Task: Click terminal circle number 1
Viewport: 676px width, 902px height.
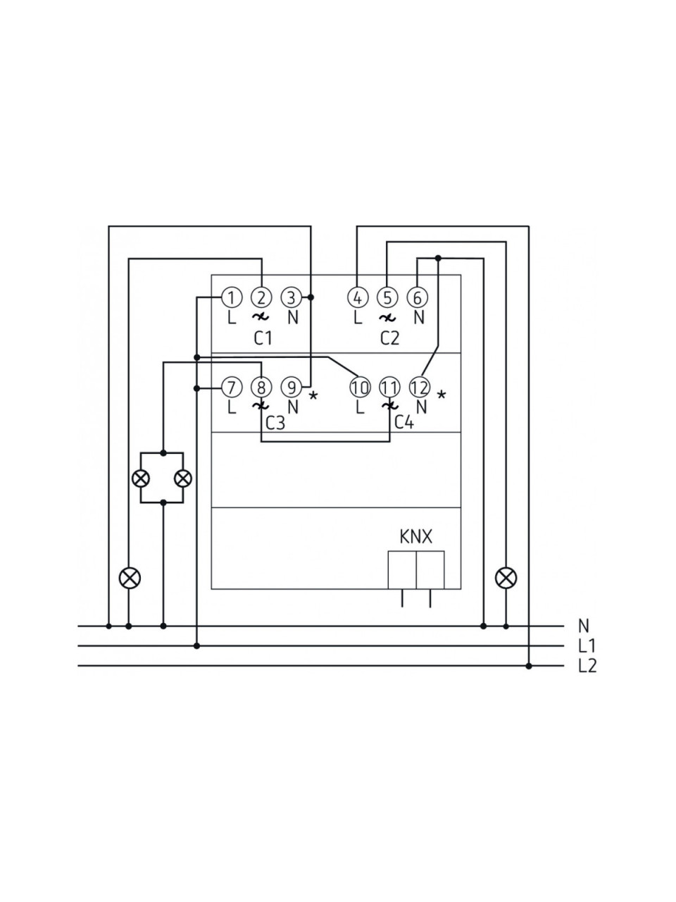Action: (x=232, y=297)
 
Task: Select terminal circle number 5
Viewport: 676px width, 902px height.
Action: (x=387, y=297)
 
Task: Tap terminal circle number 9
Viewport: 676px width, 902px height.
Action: (x=292, y=387)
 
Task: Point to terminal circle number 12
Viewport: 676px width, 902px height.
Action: (x=420, y=387)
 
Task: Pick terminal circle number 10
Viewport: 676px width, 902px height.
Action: (x=360, y=387)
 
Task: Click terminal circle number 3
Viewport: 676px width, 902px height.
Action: (x=292, y=297)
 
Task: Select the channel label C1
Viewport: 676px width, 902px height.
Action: (x=263, y=339)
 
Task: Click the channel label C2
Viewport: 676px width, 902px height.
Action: (x=389, y=339)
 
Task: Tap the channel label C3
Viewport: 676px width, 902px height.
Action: (x=275, y=423)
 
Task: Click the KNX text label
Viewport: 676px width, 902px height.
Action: (x=415, y=537)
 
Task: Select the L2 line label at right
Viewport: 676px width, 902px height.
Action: (x=587, y=666)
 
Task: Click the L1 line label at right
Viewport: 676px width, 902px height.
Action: (x=587, y=646)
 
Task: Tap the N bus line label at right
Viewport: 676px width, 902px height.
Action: (x=584, y=626)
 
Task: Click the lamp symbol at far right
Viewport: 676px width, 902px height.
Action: (x=506, y=578)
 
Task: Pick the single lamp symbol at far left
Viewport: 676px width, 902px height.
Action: (x=130, y=578)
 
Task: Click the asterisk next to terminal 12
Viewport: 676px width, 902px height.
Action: (x=442, y=395)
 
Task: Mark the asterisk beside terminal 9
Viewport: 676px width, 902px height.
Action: (x=313, y=396)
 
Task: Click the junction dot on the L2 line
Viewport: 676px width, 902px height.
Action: (x=529, y=666)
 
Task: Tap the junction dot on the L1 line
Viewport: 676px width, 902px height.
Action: (x=196, y=646)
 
